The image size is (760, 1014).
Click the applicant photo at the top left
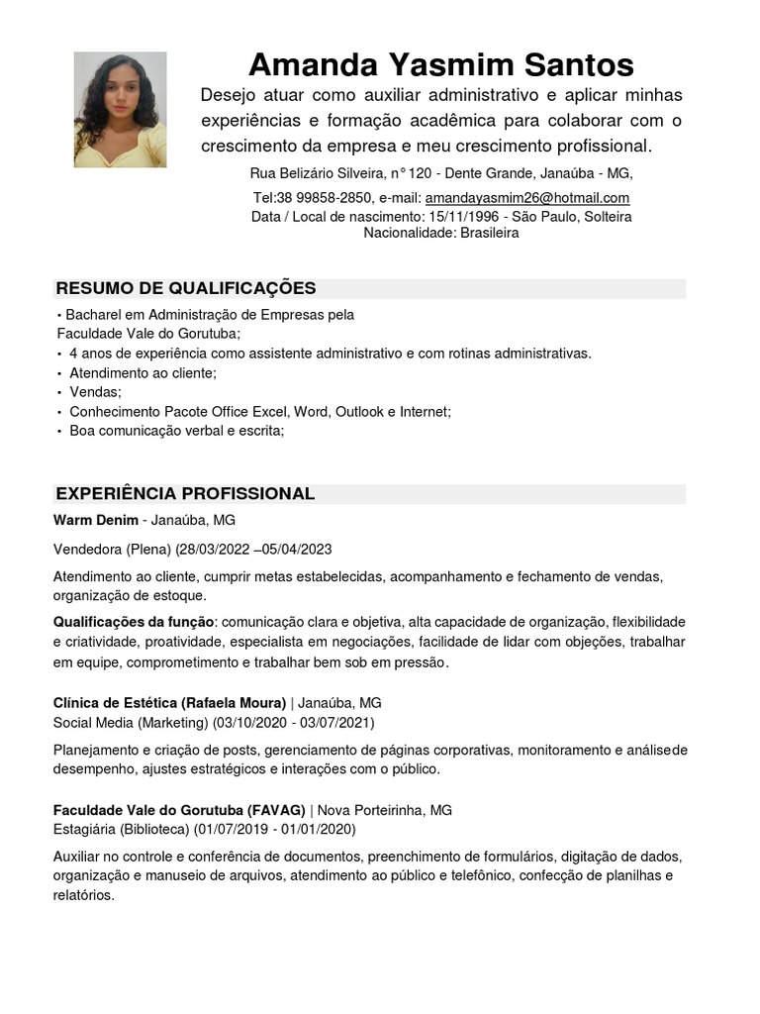pos(120,109)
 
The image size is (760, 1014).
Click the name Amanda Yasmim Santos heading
pos(440,65)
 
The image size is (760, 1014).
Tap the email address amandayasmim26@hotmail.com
pos(527,198)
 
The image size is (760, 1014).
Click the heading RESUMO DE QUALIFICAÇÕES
pos(186,288)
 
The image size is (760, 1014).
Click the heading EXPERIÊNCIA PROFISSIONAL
pos(185,493)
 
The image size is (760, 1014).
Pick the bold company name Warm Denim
pos(96,520)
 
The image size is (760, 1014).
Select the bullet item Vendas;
pos(96,392)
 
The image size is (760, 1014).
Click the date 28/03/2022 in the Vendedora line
pos(212,550)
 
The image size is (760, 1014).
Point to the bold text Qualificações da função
pos(133,622)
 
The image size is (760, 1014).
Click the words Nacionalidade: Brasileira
pos(441,233)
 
